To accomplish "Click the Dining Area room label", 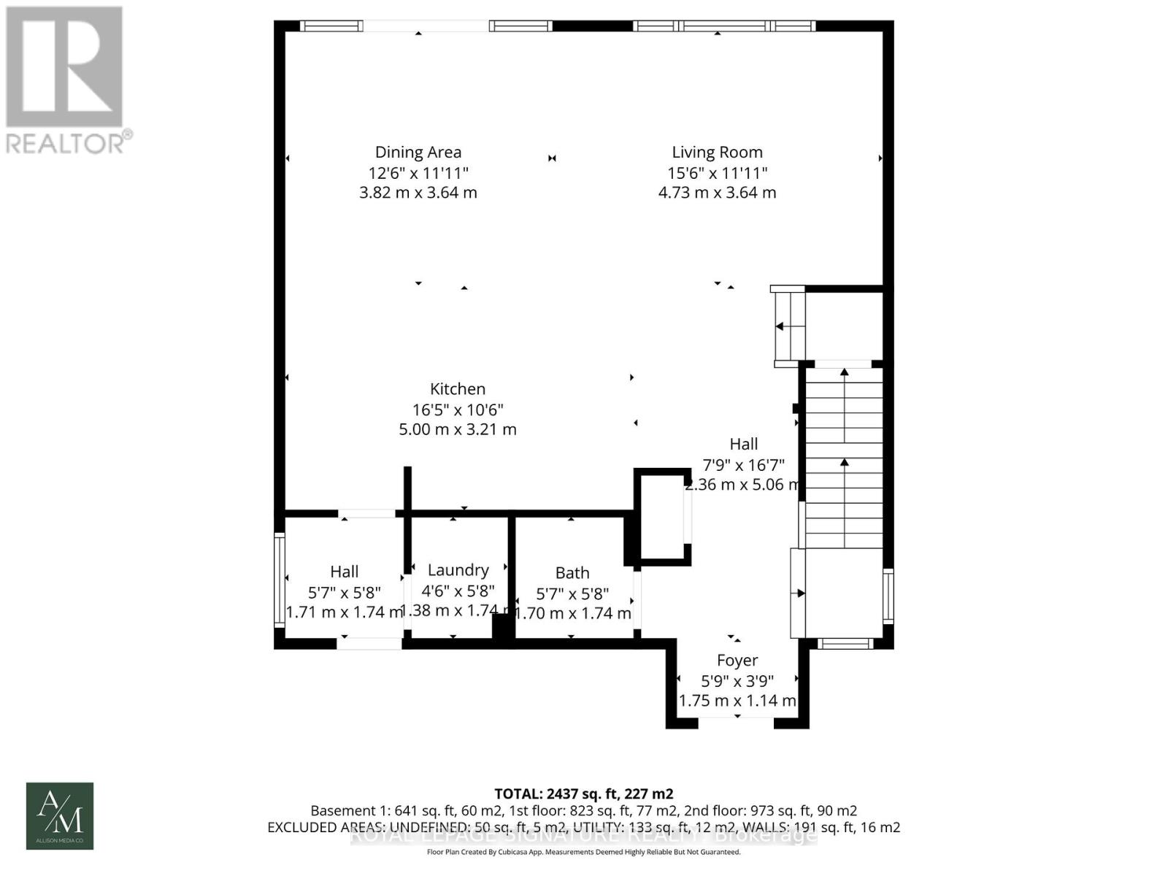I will [x=418, y=152].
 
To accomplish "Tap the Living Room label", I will [x=717, y=152].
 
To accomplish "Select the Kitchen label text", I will [x=457, y=389].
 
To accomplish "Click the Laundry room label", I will [x=458, y=570].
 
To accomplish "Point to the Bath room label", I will [x=572, y=573].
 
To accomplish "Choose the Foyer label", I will [x=737, y=661].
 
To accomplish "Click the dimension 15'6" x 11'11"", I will [x=717, y=173].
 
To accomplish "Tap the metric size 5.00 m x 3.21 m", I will [x=457, y=429].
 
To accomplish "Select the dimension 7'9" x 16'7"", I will [x=743, y=465].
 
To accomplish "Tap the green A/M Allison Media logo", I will [x=60, y=816].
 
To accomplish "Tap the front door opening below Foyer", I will [x=736, y=722].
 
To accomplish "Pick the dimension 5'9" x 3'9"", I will [x=737, y=681].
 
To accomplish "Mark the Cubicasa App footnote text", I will [x=583, y=852].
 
